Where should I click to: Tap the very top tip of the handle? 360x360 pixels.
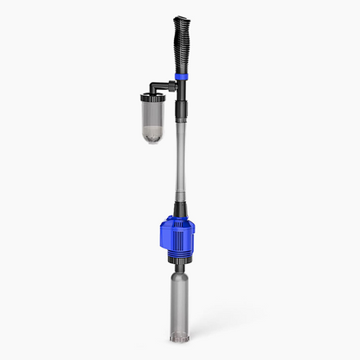180,17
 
